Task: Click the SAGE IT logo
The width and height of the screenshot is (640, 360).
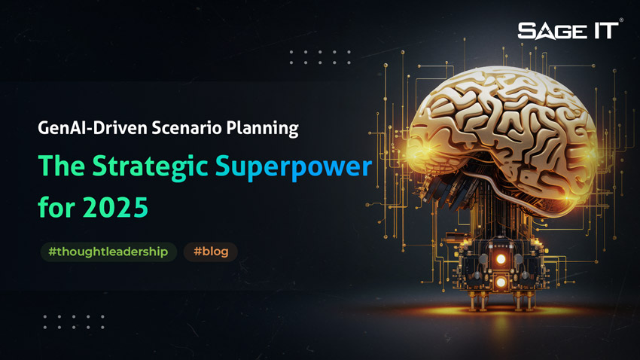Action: (568, 31)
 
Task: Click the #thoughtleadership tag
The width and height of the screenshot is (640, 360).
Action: (108, 252)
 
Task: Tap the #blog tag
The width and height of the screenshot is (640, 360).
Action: (210, 252)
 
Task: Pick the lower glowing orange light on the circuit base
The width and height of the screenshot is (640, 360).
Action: (500, 283)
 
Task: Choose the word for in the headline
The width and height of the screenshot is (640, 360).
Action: (56, 206)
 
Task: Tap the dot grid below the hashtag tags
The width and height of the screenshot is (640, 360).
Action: (73, 322)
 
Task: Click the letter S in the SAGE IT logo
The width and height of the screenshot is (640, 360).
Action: (526, 31)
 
